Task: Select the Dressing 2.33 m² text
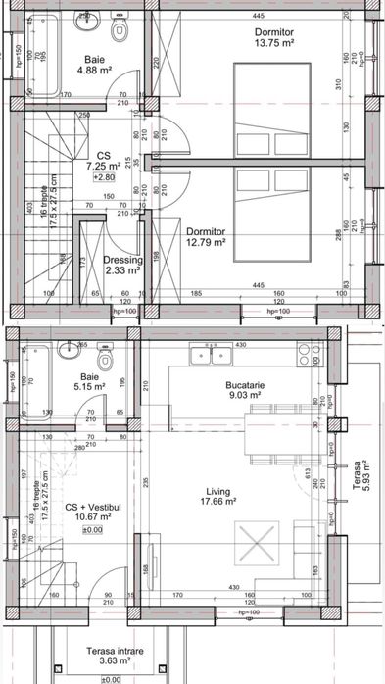[x=122, y=266]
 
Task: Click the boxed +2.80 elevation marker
[x=103, y=178]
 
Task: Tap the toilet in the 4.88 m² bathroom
[x=120, y=33]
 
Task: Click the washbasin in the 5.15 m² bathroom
[x=67, y=350]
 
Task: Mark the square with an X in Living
[x=252, y=538]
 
